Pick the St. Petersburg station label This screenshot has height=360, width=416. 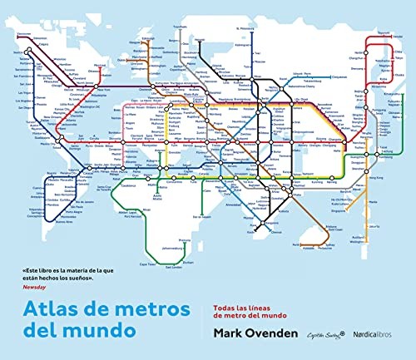click(244, 28)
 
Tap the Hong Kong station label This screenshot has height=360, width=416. click(369, 177)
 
